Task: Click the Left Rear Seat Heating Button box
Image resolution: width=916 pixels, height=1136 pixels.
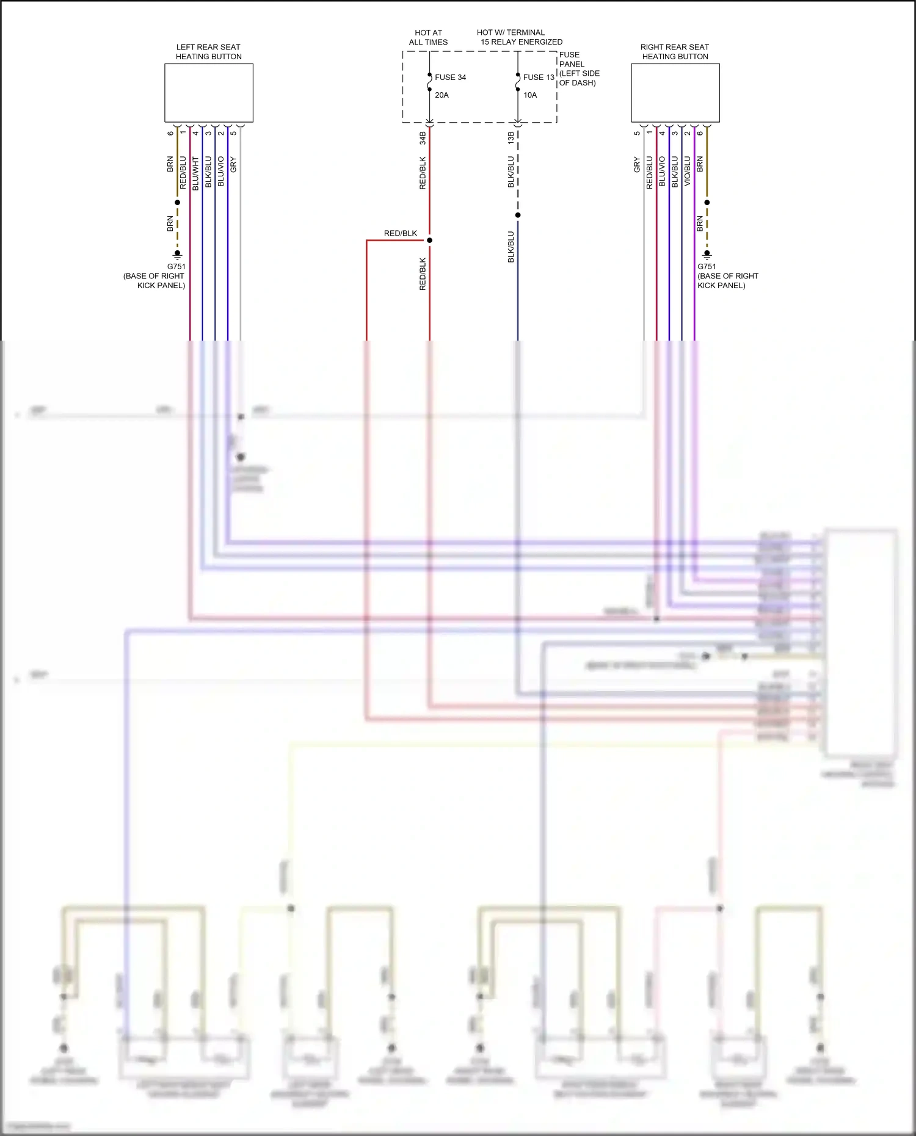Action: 208,93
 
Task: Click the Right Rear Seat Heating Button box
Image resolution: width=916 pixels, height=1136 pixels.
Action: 675,93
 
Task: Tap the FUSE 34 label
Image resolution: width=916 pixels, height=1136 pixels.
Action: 450,78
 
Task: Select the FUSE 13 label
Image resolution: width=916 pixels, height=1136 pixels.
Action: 538,78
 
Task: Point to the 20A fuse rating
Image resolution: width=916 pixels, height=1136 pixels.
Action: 442,95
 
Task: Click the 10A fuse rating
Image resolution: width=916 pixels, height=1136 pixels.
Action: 530,95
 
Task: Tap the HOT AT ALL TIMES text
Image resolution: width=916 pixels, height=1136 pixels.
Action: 428,37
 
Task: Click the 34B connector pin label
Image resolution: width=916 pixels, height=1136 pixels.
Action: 423,138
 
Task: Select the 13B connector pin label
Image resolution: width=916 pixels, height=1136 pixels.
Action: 511,138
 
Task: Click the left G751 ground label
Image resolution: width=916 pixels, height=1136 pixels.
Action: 176,267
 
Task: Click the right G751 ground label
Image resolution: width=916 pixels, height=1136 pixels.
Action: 707,267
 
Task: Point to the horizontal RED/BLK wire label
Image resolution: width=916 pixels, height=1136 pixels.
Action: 400,233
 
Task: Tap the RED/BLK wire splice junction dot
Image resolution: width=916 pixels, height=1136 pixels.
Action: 429,241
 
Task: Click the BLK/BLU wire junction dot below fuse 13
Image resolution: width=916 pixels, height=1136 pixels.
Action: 518,215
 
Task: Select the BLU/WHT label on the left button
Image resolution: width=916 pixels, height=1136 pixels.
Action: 195,173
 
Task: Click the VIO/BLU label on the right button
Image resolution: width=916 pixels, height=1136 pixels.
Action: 687,172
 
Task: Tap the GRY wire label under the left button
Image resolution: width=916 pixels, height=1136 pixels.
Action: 233,164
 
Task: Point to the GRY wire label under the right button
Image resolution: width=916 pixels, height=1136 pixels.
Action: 637,164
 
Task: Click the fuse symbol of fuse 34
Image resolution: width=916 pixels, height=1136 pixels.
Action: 429,82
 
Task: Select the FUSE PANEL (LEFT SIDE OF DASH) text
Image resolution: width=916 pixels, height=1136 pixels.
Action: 578,69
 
